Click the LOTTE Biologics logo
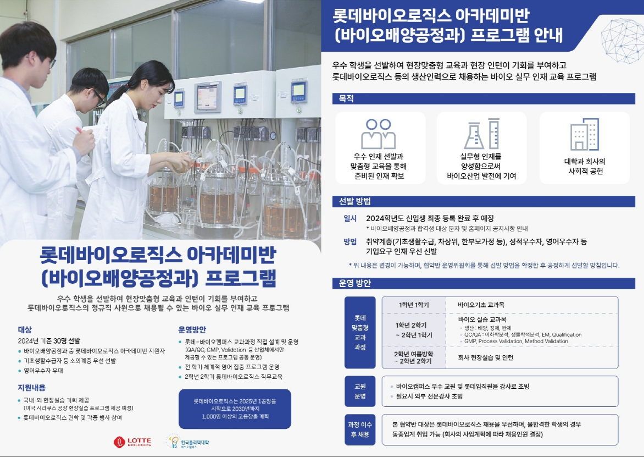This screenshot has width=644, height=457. pyautogui.click(x=132, y=442)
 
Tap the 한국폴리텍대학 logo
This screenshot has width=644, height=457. pyautogui.click(x=188, y=442)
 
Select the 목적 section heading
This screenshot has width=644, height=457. pyautogui.click(x=346, y=98)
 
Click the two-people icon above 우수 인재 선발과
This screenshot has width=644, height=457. pyautogui.click(x=378, y=134)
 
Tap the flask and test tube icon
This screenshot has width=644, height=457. pyautogui.click(x=482, y=134)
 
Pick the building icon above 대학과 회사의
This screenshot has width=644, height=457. pyautogui.click(x=585, y=134)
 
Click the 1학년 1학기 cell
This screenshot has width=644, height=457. pyautogui.click(x=414, y=305)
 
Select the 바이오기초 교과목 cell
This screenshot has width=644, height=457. pyautogui.click(x=481, y=305)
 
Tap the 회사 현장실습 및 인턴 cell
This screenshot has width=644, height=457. pyautogui.click(x=485, y=357)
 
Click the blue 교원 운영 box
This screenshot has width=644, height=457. pyautogui.click(x=360, y=391)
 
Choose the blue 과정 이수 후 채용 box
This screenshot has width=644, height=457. pyautogui.click(x=360, y=430)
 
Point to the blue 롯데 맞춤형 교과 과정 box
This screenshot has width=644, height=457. pyautogui.click(x=360, y=333)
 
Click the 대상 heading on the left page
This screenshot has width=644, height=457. pyautogui.click(x=25, y=329)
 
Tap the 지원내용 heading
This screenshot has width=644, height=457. pyautogui.click(x=32, y=388)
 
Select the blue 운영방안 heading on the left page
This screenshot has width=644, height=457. pyautogui.click(x=192, y=329)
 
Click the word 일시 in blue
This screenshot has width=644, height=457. pyautogui.click(x=350, y=218)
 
